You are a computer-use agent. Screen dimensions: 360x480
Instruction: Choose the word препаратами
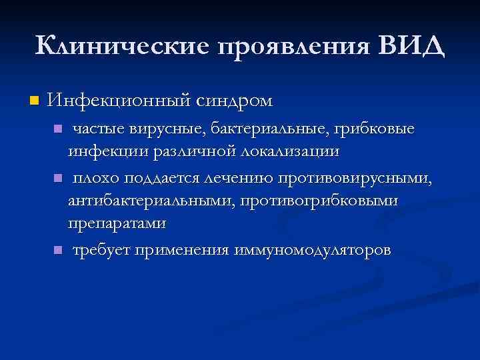117,225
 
